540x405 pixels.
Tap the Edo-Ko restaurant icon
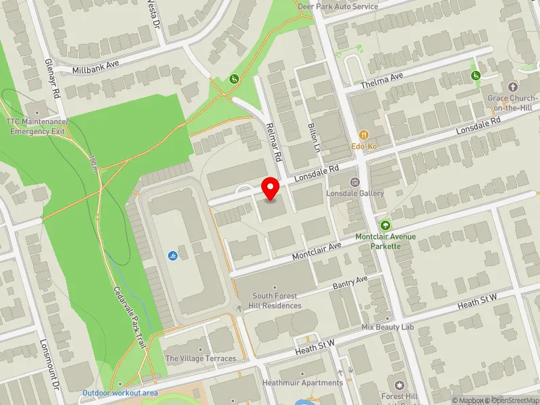click(x=363, y=135)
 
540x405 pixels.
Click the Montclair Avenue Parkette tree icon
click(x=385, y=225)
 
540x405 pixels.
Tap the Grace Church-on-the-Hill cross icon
click(x=512, y=87)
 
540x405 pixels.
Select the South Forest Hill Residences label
click(x=277, y=300)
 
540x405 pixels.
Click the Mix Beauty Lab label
click(x=387, y=327)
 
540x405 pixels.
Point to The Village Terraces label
click(x=201, y=358)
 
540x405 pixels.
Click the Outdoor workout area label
click(x=120, y=393)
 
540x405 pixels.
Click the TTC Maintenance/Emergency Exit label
click(x=36, y=126)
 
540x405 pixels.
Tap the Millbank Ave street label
click(x=95, y=66)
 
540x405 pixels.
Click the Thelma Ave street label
click(x=381, y=80)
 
